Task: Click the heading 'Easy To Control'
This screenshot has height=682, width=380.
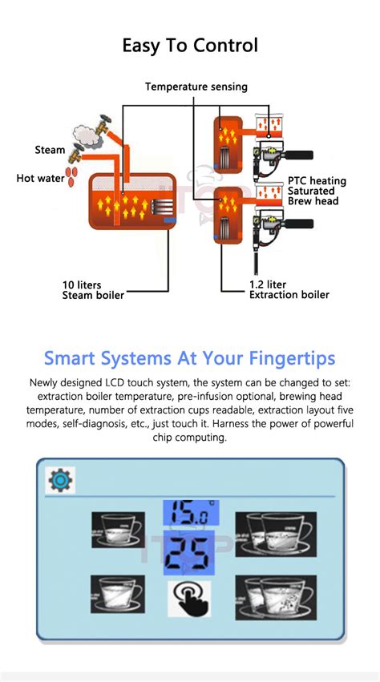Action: tap(190, 45)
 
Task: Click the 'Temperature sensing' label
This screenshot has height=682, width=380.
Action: tap(196, 87)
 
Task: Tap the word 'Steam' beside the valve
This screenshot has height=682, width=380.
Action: tap(50, 150)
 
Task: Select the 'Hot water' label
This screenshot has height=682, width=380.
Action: tap(40, 178)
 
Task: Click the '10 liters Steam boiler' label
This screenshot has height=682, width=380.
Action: tap(93, 290)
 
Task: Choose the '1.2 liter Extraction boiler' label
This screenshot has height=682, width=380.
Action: tap(289, 290)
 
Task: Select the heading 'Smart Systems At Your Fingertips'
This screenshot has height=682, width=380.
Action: tap(190, 357)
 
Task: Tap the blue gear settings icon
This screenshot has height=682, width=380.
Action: tap(59, 481)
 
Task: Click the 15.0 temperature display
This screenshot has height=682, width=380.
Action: tap(189, 514)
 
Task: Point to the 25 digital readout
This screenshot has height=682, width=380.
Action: tap(189, 552)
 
